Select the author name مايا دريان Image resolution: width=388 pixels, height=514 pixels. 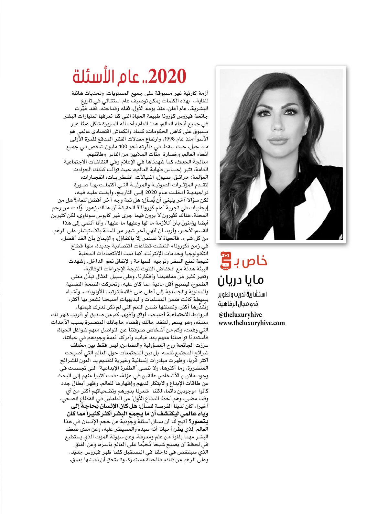241,280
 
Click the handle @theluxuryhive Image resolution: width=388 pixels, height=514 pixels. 240,315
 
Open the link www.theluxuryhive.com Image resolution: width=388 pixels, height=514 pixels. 252,323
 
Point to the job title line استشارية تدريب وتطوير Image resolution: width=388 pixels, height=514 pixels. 242,294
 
